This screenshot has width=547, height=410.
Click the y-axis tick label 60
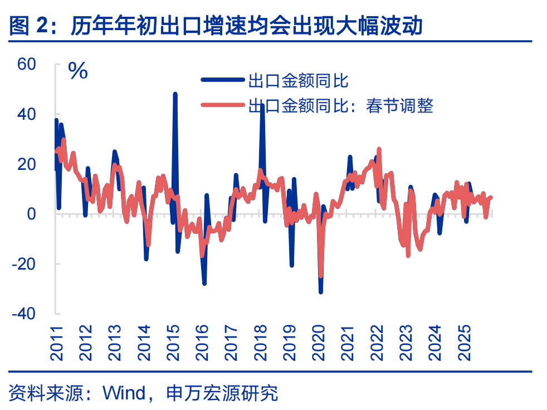[x=27, y=64]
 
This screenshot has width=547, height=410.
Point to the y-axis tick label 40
[x=27, y=114]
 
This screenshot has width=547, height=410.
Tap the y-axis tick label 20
[x=27, y=164]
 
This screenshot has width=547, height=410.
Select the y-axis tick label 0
[x=31, y=214]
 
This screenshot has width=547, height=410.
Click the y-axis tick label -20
[x=24, y=263]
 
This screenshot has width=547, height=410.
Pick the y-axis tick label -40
[x=24, y=314]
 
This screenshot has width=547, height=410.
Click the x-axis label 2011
[x=57, y=342]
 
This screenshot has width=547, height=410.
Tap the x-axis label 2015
[x=173, y=342]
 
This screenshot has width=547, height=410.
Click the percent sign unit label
[x=78, y=71]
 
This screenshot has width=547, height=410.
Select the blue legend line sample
[x=223, y=81]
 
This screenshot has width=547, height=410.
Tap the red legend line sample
[x=223, y=105]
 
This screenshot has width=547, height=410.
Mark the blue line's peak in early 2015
[x=175, y=94]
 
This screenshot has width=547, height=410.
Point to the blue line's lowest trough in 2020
[x=321, y=292]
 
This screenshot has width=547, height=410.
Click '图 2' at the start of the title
[x=27, y=26]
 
